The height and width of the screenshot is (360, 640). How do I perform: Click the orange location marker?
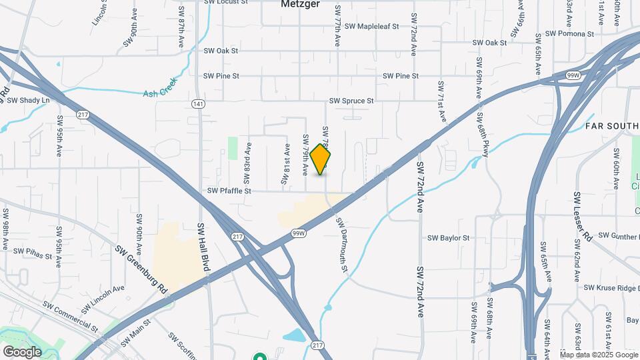pyautogui.click(x=320, y=159)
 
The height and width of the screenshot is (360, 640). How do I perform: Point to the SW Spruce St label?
pyautogui.click(x=351, y=101)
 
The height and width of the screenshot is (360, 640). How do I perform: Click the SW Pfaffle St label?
pyautogui.click(x=229, y=191)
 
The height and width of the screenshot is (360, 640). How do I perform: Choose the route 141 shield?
pyautogui.click(x=197, y=104)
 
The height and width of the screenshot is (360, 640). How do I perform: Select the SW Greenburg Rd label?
pyautogui.click(x=141, y=269)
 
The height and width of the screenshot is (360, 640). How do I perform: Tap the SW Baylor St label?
pyautogui.click(x=449, y=237)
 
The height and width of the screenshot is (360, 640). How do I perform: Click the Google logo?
pyautogui.click(x=22, y=351)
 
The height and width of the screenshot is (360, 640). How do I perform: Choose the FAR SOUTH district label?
pyautogui.click(x=612, y=126)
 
